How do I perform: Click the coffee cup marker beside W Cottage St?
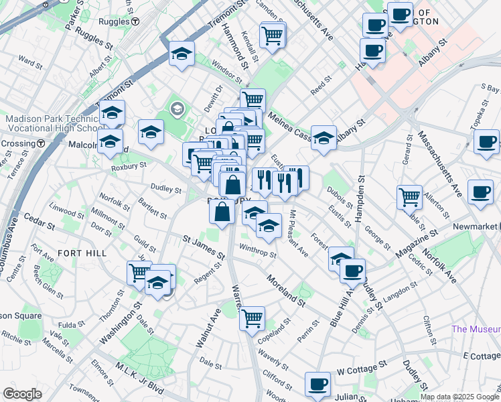click(318, 385)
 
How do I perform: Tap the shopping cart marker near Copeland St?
click(253, 319)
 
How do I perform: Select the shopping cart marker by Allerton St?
click(409, 197)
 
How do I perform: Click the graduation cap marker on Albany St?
click(324, 139)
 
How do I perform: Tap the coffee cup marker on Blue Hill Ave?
click(352, 271)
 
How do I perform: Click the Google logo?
click(22, 394)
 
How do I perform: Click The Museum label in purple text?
click(476, 329)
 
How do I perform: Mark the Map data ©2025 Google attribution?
click(459, 397)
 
